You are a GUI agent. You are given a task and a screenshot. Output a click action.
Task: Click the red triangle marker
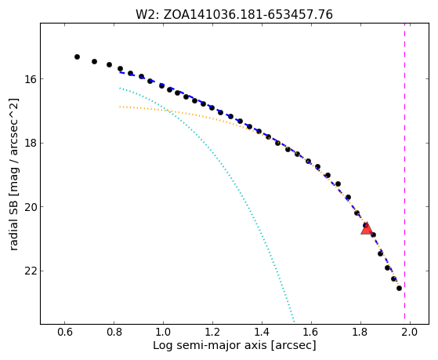pos(367,228)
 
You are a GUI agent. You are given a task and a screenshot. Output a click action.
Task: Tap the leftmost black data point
pos(77,56)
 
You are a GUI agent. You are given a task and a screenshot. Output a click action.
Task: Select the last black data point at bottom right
pos(399,288)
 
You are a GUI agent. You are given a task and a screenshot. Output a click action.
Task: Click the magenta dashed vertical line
pos(405,173)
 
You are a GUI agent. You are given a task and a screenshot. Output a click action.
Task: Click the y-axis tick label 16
pos(31,79)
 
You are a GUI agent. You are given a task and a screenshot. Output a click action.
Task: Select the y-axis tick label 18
pos(31,144)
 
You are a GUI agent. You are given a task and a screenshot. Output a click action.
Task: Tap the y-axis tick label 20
pos(31,207)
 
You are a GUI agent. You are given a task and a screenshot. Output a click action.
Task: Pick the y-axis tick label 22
pos(31,271)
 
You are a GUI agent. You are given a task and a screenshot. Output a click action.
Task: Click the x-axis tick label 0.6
pos(65,333)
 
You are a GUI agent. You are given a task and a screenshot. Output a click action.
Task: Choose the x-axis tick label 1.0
pos(164,333)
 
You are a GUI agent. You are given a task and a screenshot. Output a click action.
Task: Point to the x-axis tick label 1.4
pos(262,333)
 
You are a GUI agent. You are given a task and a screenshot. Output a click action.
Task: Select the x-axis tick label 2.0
pos(410,333)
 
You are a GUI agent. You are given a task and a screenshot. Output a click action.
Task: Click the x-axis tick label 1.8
pos(360,333)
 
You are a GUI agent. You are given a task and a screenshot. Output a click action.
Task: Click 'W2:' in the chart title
pos(148,15)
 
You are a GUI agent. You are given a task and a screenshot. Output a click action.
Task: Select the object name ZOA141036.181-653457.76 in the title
pos(248,15)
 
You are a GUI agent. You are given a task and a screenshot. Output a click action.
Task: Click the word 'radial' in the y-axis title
pos(13,233)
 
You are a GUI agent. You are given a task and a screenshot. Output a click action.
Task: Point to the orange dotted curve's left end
pos(120,107)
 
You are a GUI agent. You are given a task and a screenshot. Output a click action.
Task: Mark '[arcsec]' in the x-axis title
pos(293,346)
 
